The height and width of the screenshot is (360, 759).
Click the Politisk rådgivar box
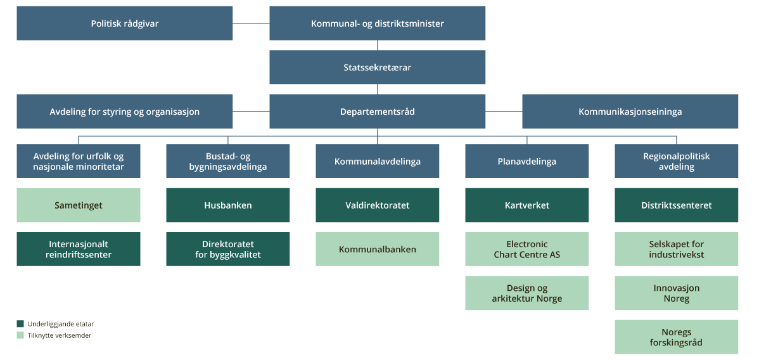124,23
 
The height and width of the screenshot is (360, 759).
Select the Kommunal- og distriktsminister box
377,23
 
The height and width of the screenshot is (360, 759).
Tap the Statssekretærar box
377,67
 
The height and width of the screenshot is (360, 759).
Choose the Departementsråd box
377,112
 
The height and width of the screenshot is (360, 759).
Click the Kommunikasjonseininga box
630,112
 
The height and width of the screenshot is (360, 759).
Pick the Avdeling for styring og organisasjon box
124,112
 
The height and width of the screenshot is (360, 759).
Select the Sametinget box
79,205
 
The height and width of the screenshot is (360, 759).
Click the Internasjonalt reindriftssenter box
79,249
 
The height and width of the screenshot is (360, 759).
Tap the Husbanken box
227,205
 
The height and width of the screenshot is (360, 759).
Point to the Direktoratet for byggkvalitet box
227,249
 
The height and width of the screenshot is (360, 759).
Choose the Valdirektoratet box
377,205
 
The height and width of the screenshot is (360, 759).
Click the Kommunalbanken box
377,249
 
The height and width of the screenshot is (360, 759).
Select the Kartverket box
526,205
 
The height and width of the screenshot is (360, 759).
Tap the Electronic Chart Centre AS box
526,249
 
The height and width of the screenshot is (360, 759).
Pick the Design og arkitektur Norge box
526,293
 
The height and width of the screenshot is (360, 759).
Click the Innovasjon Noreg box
676,293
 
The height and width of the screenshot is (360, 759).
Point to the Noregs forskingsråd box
676,337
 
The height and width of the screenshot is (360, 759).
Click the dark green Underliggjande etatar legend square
20,324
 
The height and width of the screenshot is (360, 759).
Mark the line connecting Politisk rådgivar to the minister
251,23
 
